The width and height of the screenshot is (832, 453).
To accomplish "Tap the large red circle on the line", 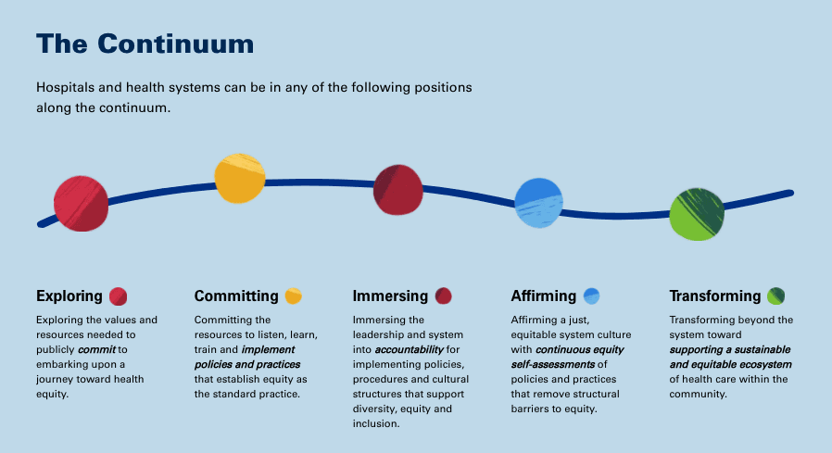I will pyautogui.click(x=81, y=203).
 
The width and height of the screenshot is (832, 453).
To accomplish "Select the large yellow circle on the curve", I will pyautogui.click(x=240, y=178).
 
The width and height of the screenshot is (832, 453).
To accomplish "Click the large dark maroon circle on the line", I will pyautogui.click(x=398, y=189).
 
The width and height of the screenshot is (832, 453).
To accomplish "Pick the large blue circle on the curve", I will pyautogui.click(x=539, y=203).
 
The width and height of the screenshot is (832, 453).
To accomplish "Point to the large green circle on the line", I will pyautogui.click(x=697, y=214).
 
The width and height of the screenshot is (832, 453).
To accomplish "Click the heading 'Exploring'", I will pyautogui.click(x=69, y=296).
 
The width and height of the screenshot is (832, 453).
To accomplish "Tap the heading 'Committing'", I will pyautogui.click(x=236, y=296).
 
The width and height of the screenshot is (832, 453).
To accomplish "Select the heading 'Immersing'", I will pyautogui.click(x=390, y=296).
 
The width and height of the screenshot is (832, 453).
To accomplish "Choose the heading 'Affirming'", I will pyautogui.click(x=543, y=296).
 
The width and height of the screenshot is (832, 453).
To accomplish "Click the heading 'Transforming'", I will pyautogui.click(x=714, y=296).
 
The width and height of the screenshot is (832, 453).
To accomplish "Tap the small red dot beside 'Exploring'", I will pyautogui.click(x=119, y=296).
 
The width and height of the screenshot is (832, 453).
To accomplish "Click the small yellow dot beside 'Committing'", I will pyautogui.click(x=293, y=296).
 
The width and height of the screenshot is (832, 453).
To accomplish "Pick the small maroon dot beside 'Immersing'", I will pyautogui.click(x=443, y=296).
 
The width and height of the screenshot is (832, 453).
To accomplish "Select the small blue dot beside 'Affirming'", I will pyautogui.click(x=591, y=296).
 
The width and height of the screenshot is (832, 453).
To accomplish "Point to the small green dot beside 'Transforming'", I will pyautogui.click(x=775, y=296).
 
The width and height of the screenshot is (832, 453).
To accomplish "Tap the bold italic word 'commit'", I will pyautogui.click(x=97, y=350).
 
